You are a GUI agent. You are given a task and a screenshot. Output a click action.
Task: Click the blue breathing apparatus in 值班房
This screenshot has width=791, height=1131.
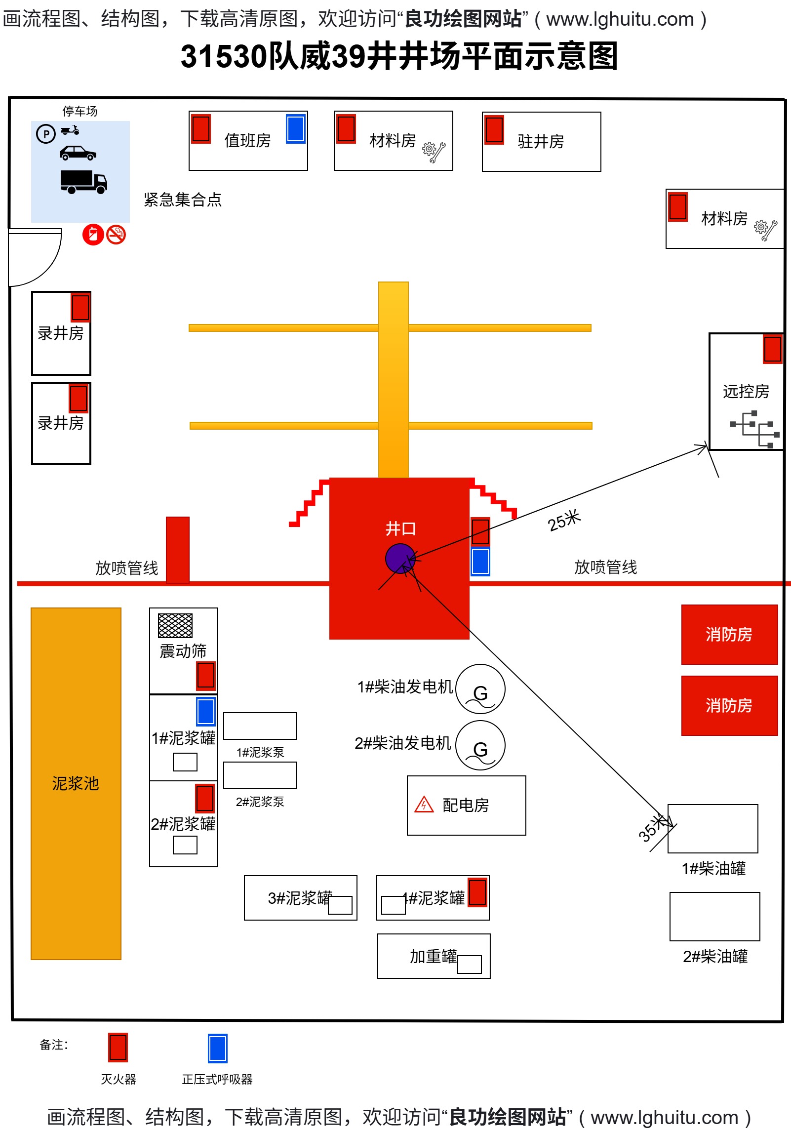(x=296, y=129)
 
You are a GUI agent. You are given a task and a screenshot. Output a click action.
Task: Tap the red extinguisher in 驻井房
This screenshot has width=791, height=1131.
(x=494, y=130)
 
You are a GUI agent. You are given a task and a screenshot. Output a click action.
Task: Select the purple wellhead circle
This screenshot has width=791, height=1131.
(x=399, y=559)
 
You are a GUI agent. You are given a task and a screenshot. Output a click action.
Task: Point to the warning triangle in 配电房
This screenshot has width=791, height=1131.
(x=424, y=805)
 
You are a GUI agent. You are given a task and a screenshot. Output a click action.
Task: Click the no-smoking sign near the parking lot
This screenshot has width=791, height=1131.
(x=116, y=235)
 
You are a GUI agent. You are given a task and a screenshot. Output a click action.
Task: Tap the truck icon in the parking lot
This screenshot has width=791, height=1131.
(x=83, y=182)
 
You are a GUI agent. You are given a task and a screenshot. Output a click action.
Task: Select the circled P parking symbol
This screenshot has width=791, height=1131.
(x=46, y=134)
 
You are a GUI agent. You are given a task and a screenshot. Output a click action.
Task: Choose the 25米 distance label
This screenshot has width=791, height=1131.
(x=564, y=521)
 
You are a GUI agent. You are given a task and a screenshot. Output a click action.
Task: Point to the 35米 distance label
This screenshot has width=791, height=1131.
(x=651, y=828)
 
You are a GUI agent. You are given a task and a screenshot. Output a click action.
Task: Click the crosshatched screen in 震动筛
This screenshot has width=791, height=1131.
(x=175, y=626)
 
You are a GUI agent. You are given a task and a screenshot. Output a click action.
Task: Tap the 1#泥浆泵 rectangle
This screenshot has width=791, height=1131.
(x=260, y=726)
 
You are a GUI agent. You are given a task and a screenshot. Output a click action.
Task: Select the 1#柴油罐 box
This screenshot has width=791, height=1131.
(x=712, y=829)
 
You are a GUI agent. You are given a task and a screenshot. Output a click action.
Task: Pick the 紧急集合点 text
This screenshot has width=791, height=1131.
(x=183, y=200)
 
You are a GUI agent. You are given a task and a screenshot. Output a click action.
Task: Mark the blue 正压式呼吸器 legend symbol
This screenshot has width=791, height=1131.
(x=218, y=1048)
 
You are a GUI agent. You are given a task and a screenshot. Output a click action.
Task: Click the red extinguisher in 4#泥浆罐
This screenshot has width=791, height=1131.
(x=477, y=892)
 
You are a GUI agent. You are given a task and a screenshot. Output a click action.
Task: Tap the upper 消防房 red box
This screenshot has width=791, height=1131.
(x=729, y=635)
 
